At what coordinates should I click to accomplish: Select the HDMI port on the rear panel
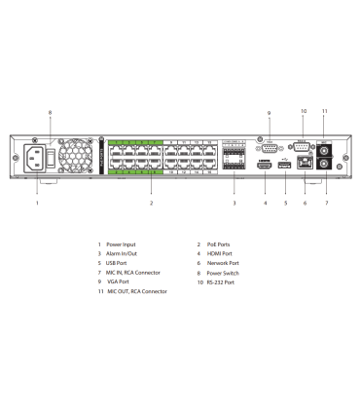[264, 167]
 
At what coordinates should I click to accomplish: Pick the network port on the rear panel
[306, 165]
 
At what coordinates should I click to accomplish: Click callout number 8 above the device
[50, 112]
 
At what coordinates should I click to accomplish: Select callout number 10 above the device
[303, 112]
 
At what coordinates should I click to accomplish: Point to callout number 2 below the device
[151, 204]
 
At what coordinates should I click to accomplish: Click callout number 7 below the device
[327, 204]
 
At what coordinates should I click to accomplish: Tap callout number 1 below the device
[37, 204]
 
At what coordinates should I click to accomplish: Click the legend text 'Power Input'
[123, 244]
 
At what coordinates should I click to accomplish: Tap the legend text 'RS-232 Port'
[219, 282]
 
